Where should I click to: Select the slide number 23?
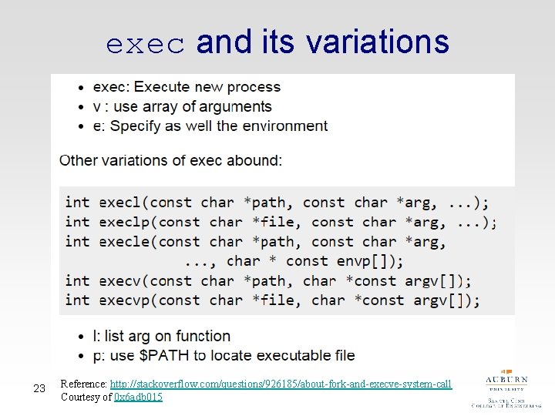[39, 389]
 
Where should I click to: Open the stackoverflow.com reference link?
[281, 384]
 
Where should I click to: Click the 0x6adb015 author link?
[138, 397]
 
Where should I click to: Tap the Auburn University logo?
[506, 390]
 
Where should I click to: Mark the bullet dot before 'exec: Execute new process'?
[82, 87]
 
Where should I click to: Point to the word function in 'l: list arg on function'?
[203, 336]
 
